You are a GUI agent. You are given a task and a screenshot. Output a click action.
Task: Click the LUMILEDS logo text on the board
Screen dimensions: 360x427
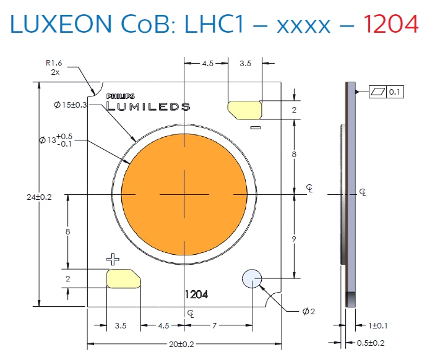(x=149, y=106)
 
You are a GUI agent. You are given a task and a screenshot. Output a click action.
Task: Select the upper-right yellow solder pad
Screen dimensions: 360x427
(x=246, y=109)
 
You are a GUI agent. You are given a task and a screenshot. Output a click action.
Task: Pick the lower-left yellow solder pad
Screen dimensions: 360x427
(x=124, y=278)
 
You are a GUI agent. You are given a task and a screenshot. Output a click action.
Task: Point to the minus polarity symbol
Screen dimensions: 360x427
(x=254, y=127)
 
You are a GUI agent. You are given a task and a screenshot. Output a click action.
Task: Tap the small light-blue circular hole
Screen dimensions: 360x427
(x=252, y=279)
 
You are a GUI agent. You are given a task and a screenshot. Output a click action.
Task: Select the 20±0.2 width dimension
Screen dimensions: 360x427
(x=184, y=344)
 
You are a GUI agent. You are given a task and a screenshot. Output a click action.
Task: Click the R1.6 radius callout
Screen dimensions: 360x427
(x=54, y=62)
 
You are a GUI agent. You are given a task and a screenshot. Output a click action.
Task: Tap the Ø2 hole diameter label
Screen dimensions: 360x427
(x=309, y=311)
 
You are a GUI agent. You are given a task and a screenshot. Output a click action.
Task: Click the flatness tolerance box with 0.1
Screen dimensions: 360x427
(x=386, y=92)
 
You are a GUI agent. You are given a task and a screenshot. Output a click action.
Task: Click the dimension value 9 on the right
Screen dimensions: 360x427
(x=295, y=237)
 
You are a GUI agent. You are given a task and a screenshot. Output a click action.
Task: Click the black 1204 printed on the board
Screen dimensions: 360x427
(x=196, y=295)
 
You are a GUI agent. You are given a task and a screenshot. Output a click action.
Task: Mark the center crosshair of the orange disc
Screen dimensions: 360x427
(x=184, y=194)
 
